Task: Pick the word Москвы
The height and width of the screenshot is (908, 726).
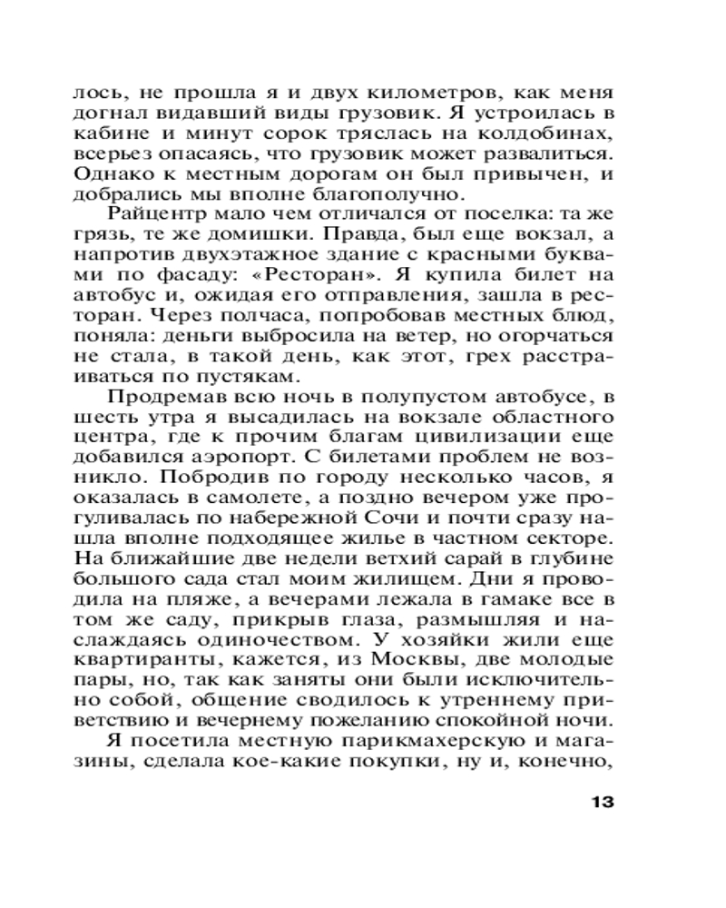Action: click(378, 660)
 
